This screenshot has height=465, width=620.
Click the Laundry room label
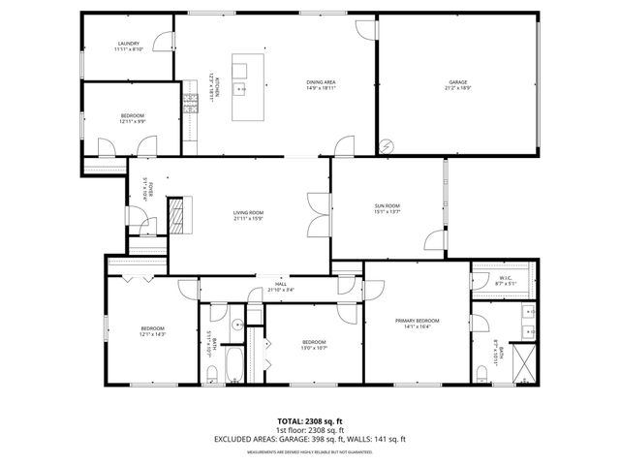pyautogui.click(x=129, y=44)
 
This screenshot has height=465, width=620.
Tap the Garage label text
pyautogui.click(x=457, y=82)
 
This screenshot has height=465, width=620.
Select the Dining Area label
pyautogui.click(x=321, y=82)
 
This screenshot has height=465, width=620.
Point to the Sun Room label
pyautogui.click(x=387, y=206)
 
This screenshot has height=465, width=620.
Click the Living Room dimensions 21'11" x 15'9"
pyautogui.click(x=248, y=219)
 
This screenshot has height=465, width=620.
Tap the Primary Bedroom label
pyautogui.click(x=417, y=321)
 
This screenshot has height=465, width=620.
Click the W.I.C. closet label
pyautogui.click(x=505, y=278)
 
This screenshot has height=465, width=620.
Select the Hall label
pyautogui.click(x=281, y=284)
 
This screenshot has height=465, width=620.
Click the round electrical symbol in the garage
pyautogui.click(x=387, y=145)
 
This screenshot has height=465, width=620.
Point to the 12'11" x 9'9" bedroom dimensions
pyautogui.click(x=132, y=121)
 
